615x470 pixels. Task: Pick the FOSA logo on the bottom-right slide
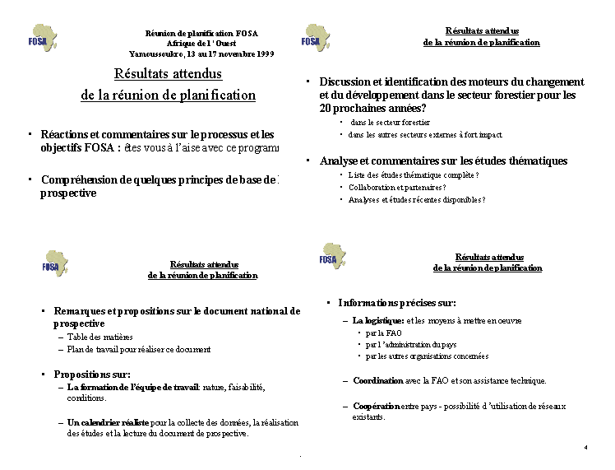(332, 256)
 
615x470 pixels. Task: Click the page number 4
(585, 447)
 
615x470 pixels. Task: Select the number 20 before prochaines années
(326, 108)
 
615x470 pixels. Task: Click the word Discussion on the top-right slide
(346, 82)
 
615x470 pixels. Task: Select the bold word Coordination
(377, 381)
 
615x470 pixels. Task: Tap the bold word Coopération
(377, 406)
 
